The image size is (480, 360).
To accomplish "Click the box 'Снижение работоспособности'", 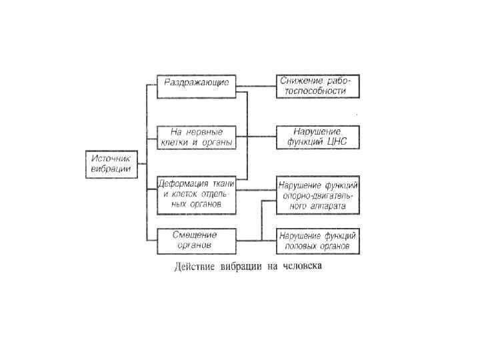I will (x=317, y=85).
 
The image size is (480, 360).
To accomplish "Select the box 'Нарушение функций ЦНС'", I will (x=317, y=137).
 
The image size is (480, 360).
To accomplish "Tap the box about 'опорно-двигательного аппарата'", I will (x=317, y=195).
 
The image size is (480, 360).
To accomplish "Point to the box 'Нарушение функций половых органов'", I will (x=317, y=241).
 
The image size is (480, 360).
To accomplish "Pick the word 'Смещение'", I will (x=195, y=235).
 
